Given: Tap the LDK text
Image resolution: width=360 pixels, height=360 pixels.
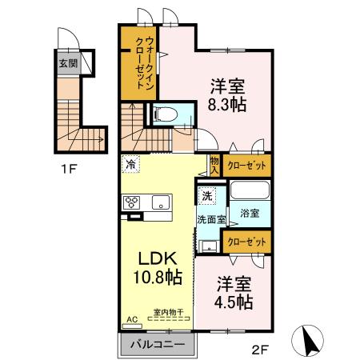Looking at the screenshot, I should click(x=157, y=260).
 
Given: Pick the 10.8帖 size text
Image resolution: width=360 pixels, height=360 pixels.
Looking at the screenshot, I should click(x=157, y=279).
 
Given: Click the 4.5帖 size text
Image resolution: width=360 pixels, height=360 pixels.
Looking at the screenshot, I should click(x=234, y=302).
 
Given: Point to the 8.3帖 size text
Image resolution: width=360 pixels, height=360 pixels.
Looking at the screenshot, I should click(x=228, y=104).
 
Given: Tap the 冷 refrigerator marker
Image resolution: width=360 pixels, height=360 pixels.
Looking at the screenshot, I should click(x=130, y=166).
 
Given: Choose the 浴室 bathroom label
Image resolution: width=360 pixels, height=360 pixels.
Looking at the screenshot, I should click(x=249, y=214).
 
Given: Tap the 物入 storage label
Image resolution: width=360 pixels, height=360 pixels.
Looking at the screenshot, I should click(x=214, y=165).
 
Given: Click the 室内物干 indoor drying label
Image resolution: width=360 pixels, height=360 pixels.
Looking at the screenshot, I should click(x=168, y=313).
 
